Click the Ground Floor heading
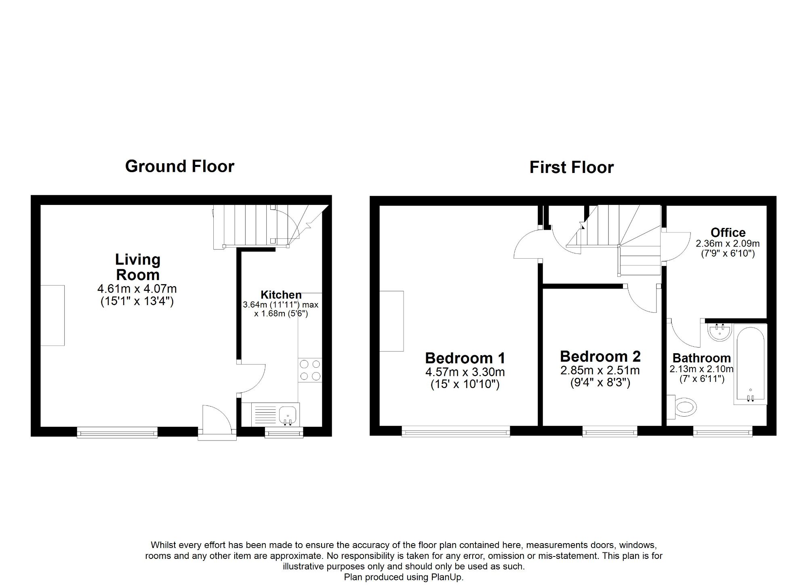[179, 166]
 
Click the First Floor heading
[571, 167]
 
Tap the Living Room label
[138, 267]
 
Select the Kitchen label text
[281, 295]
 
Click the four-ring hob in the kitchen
[310, 371]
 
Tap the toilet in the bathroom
[685, 407]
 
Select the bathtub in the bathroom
[750, 364]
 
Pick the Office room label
[728, 232]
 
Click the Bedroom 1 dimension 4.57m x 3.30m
[465, 372]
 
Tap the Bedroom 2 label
[600, 356]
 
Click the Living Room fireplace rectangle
[53, 315]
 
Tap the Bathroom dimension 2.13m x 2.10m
[701, 369]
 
